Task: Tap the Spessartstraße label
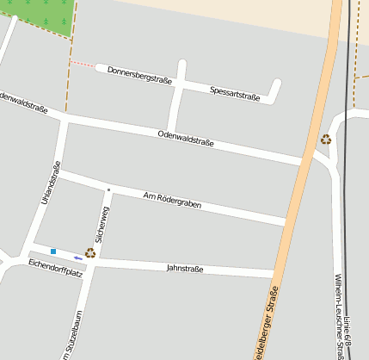pyautogui.click(x=235, y=93)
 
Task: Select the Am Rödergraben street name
pyautogui.click(x=172, y=200)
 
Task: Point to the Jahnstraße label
pyautogui.click(x=184, y=269)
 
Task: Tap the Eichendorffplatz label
pyautogui.click(x=55, y=268)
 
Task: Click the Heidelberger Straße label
pyautogui.click(x=268, y=322)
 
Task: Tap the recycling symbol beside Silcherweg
pyautogui.click(x=89, y=253)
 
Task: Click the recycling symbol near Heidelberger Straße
pyautogui.click(x=327, y=139)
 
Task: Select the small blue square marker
pyautogui.click(x=53, y=251)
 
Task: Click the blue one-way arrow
pyautogui.click(x=78, y=257)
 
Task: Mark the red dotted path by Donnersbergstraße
pyautogui.click(x=83, y=65)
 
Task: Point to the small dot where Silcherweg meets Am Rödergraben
pyautogui.click(x=108, y=189)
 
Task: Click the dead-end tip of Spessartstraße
pyautogui.click(x=277, y=84)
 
